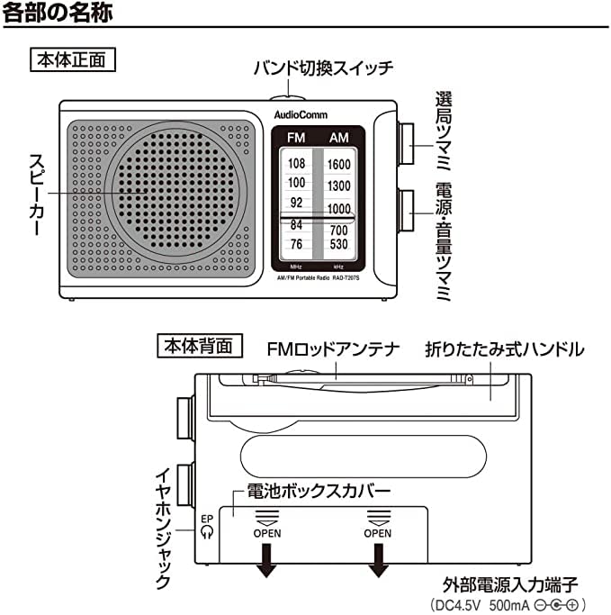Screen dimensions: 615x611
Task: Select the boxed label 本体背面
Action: coord(199,345)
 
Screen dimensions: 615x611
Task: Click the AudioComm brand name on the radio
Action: coord(296,115)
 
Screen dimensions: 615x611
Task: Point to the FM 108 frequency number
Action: coord(296,164)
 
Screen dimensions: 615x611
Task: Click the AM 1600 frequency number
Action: coord(339,164)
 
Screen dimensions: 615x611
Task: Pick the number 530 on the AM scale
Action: coord(338,244)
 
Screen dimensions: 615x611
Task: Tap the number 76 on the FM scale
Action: coord(296,244)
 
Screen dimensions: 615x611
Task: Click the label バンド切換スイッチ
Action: coord(322,68)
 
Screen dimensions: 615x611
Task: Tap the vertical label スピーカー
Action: coord(35,194)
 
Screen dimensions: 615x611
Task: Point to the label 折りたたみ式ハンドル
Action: coord(505,348)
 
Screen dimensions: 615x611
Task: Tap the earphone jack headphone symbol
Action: coord(208,531)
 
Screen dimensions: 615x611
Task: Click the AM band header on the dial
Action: coord(339,137)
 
